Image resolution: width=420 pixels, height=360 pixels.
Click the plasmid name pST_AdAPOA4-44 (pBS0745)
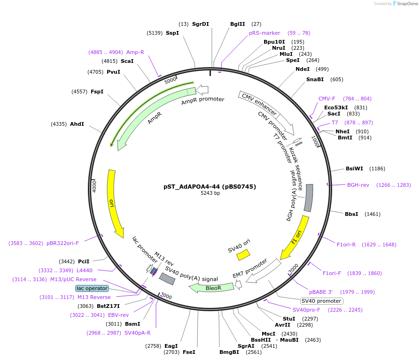(x=210, y=186)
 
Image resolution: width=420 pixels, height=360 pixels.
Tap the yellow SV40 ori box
(x=243, y=254)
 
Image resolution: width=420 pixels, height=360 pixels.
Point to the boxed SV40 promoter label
(x=321, y=301)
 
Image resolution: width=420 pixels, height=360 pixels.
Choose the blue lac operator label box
(x=92, y=288)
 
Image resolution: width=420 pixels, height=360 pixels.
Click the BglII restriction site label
(x=237, y=24)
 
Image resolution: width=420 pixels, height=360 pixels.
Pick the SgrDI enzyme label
(x=201, y=24)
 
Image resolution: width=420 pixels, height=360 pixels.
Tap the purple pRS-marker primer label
(x=264, y=33)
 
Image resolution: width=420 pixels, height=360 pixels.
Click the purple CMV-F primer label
(x=327, y=99)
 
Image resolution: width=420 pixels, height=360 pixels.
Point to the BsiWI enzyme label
(x=354, y=168)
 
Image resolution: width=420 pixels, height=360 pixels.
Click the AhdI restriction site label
(x=77, y=124)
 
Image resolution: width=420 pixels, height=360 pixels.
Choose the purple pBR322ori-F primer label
(x=62, y=243)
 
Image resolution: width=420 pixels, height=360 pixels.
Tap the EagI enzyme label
(x=171, y=346)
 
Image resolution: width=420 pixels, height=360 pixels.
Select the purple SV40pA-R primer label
(x=138, y=333)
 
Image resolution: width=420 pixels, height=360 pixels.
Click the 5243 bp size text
(x=210, y=193)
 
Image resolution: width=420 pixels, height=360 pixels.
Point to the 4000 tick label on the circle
(x=94, y=186)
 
